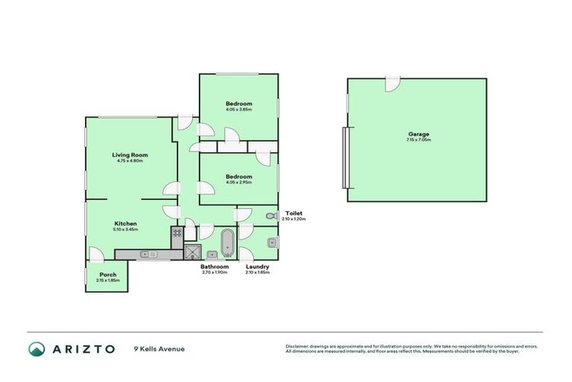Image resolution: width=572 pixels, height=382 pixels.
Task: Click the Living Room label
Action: pos(129,155)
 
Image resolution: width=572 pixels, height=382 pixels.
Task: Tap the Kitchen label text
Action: pos(125,223)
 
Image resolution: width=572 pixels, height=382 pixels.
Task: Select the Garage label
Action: pos(418,134)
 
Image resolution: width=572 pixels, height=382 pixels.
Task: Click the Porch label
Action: pos(108,275)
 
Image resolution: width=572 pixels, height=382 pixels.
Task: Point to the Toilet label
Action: pos(293,213)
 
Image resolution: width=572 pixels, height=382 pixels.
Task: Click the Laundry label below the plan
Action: pos(257,266)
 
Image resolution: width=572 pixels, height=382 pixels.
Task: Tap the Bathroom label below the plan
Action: pos(214,266)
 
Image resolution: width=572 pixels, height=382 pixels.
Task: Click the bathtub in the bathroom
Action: pos(227,242)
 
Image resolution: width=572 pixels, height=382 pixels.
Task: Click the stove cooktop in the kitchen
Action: pos(177,233)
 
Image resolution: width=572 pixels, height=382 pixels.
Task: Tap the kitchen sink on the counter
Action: pos(147,254)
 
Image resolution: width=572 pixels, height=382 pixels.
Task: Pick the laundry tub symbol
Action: pos(272,242)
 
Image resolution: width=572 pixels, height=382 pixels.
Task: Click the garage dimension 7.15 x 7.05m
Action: pos(418,140)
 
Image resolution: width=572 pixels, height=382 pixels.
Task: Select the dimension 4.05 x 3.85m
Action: pos(238,110)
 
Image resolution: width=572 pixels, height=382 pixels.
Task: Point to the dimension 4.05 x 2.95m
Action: pos(238,182)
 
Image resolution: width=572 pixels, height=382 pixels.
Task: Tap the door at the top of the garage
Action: pos(392,84)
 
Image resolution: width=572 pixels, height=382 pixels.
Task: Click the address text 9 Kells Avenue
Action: pos(159,348)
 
